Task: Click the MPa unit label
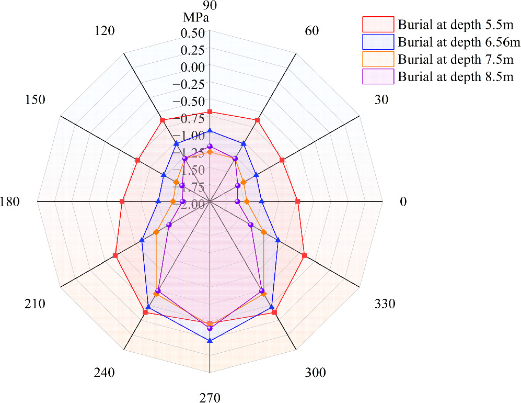(x=196, y=18)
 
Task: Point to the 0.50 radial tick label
(x=193, y=32)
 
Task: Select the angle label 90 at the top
(x=210, y=5)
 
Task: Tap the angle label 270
(x=210, y=397)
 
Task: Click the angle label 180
(x=10, y=201)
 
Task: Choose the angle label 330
(x=385, y=304)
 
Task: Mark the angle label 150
(x=35, y=100)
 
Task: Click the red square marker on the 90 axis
(x=210, y=112)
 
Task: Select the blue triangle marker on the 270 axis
(x=210, y=341)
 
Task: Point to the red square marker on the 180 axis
(x=122, y=201)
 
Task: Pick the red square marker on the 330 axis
(x=304, y=256)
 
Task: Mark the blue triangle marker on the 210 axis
(x=142, y=241)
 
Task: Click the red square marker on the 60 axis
(x=258, y=120)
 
